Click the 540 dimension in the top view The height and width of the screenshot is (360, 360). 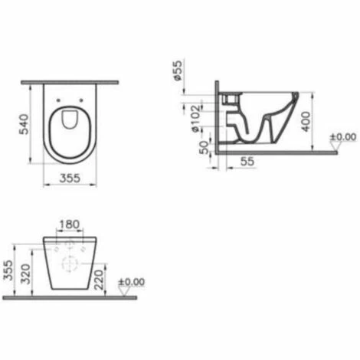25,124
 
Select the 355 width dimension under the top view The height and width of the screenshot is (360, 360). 70,178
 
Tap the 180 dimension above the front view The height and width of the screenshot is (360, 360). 69,224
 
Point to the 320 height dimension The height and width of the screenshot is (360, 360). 25,274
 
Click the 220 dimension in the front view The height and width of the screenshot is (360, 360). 99,280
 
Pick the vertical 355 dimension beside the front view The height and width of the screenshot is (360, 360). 8,270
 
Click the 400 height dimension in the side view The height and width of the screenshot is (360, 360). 306,122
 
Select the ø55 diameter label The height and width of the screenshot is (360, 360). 178,70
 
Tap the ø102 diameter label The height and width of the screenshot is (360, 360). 196,119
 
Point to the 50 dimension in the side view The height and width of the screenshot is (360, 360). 204,147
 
